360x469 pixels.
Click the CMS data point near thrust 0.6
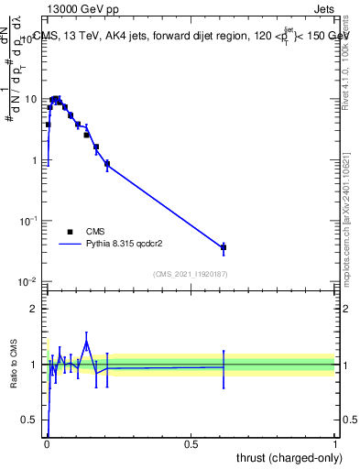pos(224,247)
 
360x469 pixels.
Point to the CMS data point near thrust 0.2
pos(107,164)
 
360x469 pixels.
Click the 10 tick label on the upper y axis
pos(32,99)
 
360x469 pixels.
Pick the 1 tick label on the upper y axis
pos(35,160)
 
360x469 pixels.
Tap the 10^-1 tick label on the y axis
pos(30,221)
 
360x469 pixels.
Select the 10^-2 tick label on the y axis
pos(30,282)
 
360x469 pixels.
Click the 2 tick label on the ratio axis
pos(35,309)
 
